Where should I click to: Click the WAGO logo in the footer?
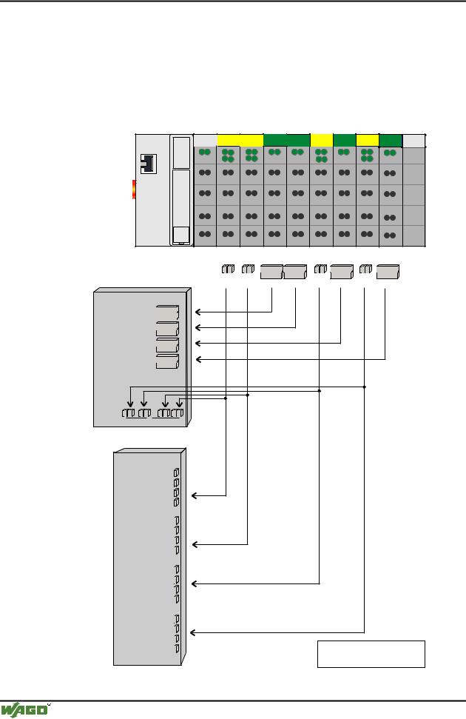(24, 709)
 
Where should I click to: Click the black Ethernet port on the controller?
(148, 163)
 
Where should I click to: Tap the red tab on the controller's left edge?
(134, 189)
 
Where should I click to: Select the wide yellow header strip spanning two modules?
(240, 140)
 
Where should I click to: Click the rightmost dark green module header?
(390, 140)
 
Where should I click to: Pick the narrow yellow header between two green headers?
(322, 140)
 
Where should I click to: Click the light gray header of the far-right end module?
(414, 140)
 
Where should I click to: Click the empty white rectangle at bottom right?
(371, 654)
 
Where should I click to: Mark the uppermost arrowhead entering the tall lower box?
(195, 495)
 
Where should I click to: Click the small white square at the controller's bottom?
(178, 235)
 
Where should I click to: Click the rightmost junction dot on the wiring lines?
(365, 387)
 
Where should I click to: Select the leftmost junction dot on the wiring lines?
(226, 398)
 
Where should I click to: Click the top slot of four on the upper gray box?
(168, 312)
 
